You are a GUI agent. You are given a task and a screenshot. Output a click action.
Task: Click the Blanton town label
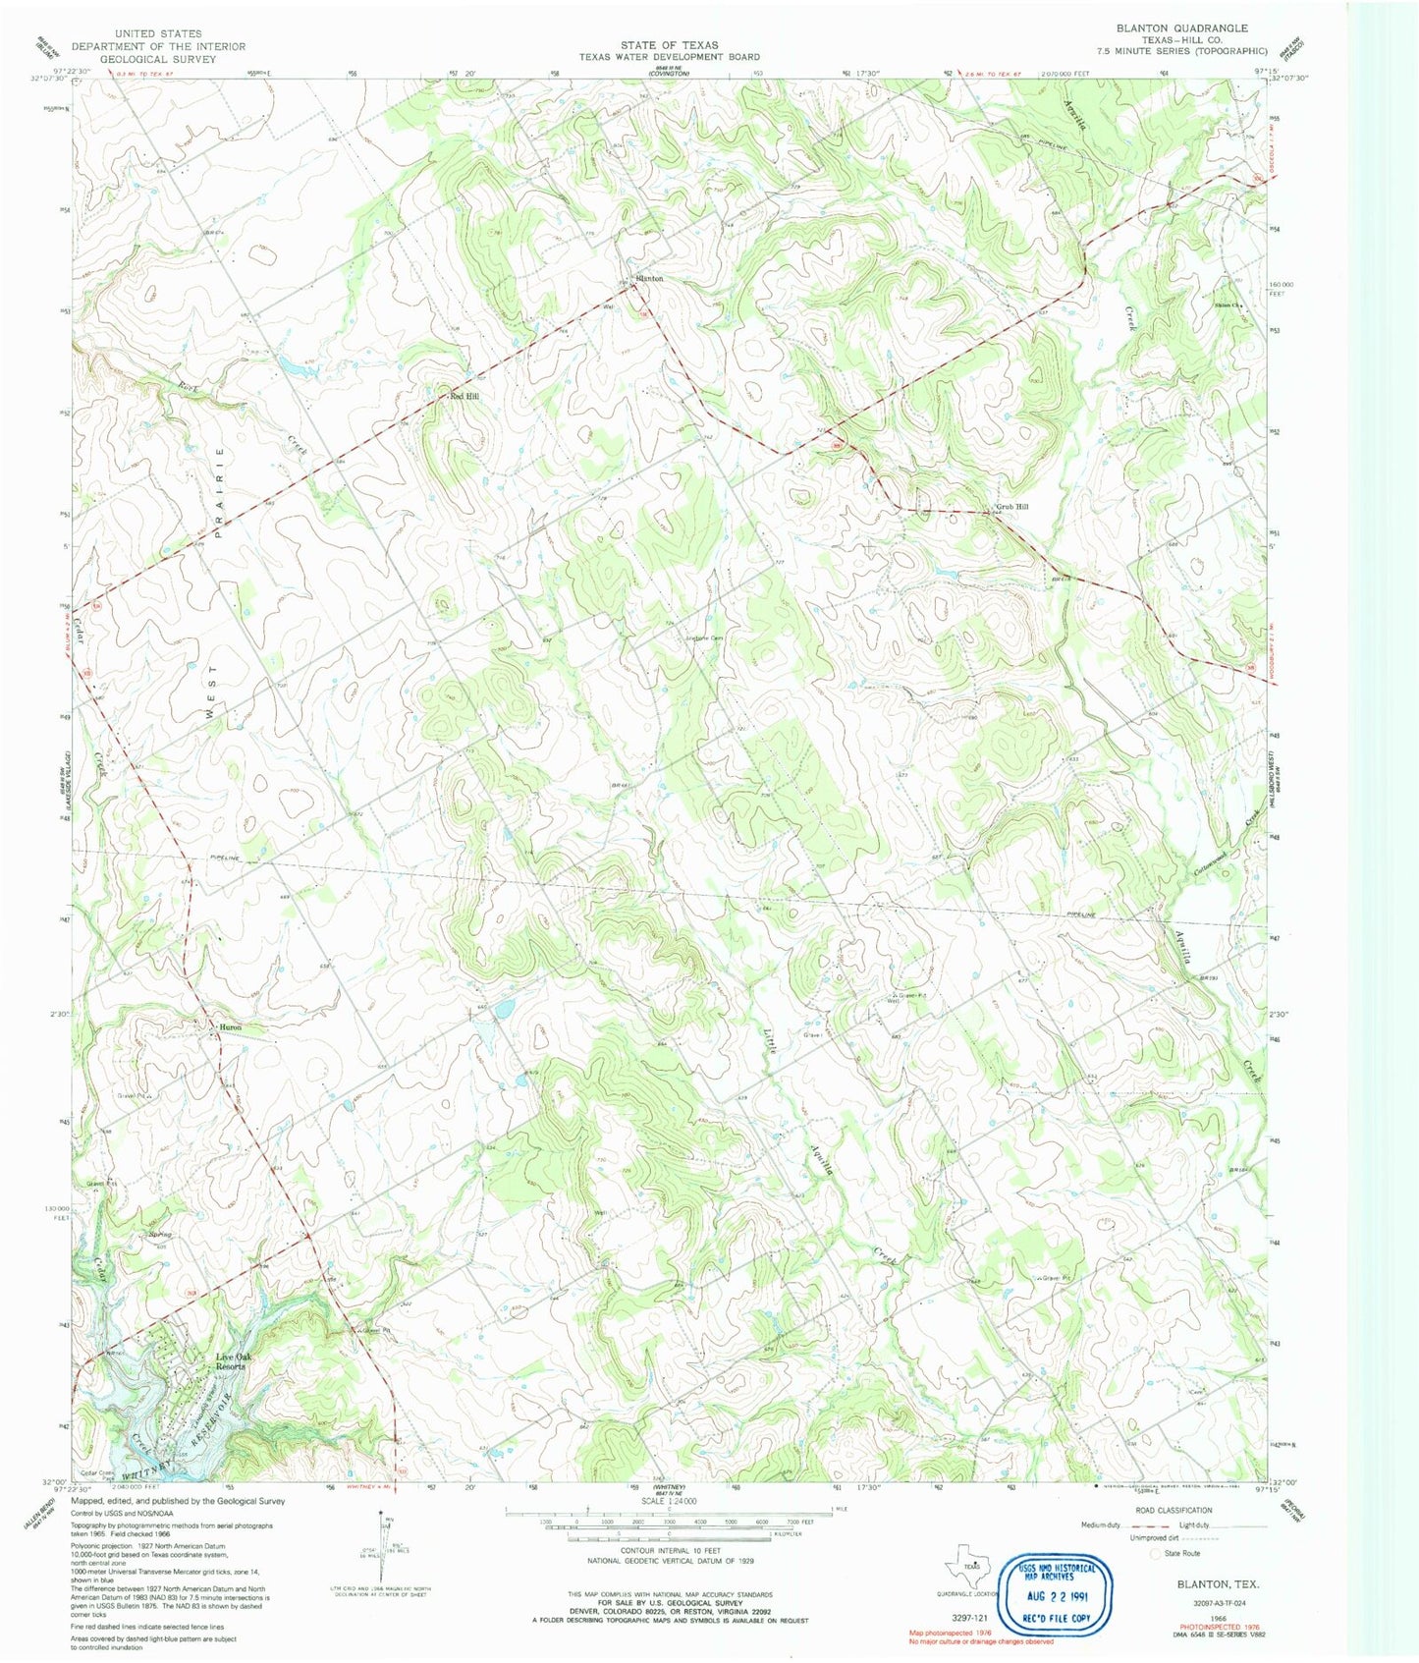point(649,279)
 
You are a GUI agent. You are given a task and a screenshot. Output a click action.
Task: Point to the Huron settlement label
point(230,1027)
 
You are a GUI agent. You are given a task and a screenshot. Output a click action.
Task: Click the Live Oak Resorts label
point(232,1361)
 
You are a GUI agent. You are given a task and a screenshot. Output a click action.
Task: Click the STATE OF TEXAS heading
point(669,45)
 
